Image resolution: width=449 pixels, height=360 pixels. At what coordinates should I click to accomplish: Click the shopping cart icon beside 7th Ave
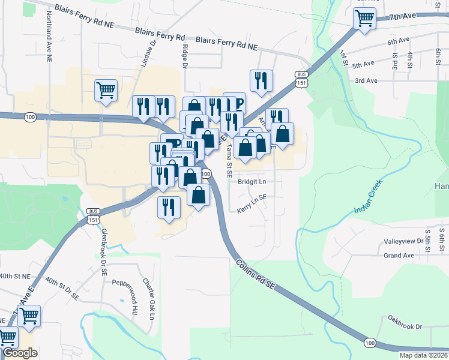pyautogui.click(x=364, y=19)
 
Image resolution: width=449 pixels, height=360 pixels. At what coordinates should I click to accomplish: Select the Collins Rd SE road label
pyautogui.click(x=255, y=275)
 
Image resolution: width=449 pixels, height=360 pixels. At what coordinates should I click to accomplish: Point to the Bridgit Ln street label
pyautogui.click(x=252, y=181)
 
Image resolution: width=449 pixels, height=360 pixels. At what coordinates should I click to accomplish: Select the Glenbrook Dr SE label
pyautogui.click(x=104, y=251)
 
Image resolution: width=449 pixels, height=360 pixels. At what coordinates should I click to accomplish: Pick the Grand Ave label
pyautogui.click(x=400, y=255)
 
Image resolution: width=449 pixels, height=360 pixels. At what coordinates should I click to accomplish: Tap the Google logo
pyautogui.click(x=20, y=353)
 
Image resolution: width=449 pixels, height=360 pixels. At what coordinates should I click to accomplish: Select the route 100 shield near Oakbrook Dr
pyautogui.click(x=369, y=343)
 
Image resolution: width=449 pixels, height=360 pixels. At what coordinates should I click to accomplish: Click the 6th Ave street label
pyautogui.click(x=398, y=41)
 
